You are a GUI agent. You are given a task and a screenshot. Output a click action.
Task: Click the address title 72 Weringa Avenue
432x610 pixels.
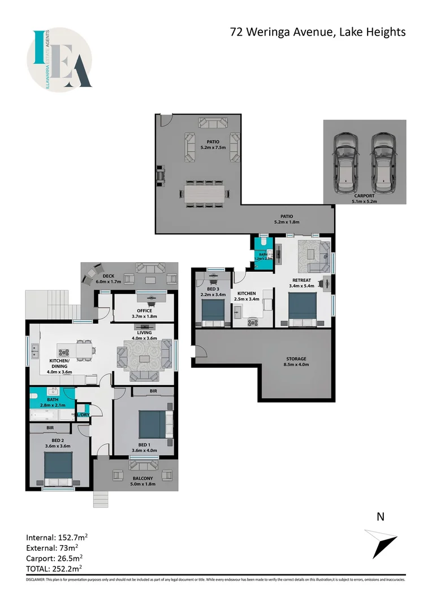point(318,32)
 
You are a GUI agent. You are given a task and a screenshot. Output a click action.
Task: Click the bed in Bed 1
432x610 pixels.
point(152,424)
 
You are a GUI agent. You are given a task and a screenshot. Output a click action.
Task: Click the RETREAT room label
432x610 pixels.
point(301,281)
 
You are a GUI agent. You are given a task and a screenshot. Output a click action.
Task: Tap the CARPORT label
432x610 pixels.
point(364,196)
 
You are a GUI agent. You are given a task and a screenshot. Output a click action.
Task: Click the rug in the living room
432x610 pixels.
point(144,359)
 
